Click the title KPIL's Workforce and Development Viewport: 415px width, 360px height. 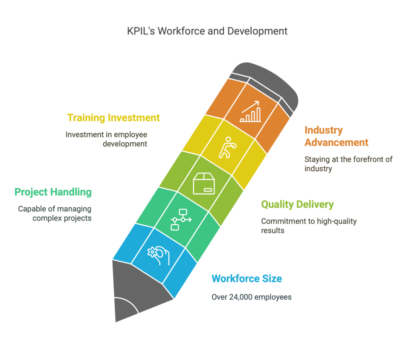click(x=207, y=31)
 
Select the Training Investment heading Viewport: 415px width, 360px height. click(x=113, y=118)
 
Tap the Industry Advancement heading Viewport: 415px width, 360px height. click(x=336, y=136)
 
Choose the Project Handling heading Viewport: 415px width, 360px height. click(x=53, y=192)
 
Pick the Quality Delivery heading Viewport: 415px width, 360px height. click(x=297, y=204)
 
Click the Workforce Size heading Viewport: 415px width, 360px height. click(x=247, y=279)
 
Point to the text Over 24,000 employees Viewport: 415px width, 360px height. click(x=251, y=297)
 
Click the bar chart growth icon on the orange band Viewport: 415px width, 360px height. click(x=250, y=111)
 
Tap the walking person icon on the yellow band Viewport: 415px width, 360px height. click(x=227, y=147)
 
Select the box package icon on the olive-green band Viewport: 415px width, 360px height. click(x=204, y=183)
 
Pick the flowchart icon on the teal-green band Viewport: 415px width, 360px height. click(x=181, y=219)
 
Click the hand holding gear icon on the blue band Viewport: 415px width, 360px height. click(x=158, y=256)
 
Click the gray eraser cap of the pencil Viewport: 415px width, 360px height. click(x=267, y=85)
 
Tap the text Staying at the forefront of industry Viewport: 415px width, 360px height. click(x=348, y=164)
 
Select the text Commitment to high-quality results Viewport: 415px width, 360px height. click(x=308, y=226)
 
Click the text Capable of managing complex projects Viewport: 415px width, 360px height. click(x=55, y=213)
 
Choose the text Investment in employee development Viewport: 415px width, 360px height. click(x=107, y=139)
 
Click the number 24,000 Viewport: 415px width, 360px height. click(x=241, y=297)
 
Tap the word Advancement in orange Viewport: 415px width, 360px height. click(x=336, y=143)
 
